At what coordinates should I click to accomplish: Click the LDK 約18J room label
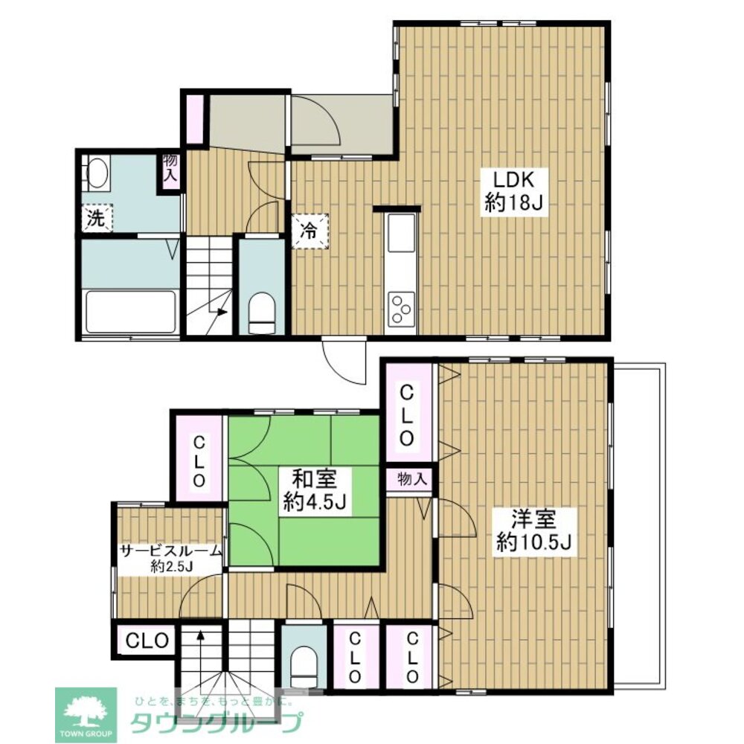click(x=514, y=192)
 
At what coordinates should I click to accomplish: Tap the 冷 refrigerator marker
click(x=310, y=231)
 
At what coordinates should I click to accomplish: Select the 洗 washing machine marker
click(x=97, y=218)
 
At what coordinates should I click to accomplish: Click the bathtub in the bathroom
click(x=130, y=312)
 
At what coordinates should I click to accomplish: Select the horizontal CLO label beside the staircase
click(x=147, y=641)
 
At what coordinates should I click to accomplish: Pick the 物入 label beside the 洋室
click(x=412, y=479)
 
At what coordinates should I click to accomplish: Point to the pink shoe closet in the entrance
click(x=195, y=119)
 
